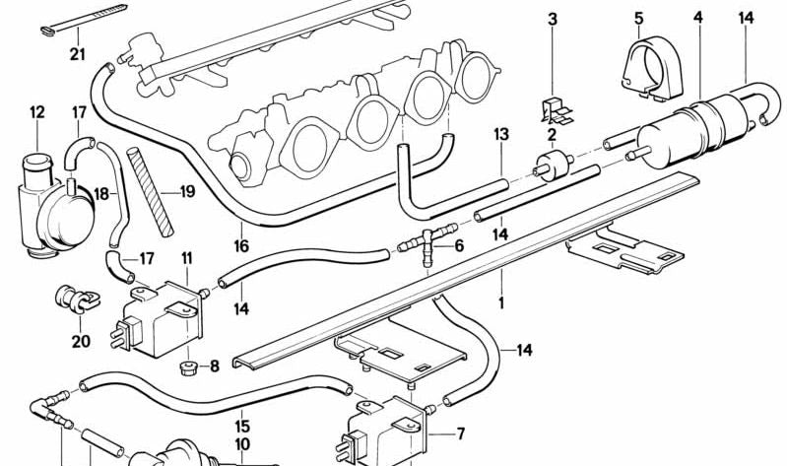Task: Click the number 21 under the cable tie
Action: [x=78, y=54]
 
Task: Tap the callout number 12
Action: [x=37, y=113]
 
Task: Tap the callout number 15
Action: [x=242, y=428]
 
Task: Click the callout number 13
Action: [x=500, y=134]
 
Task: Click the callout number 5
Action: [x=639, y=18]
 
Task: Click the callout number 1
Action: [x=500, y=303]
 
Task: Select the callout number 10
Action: [x=242, y=445]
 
